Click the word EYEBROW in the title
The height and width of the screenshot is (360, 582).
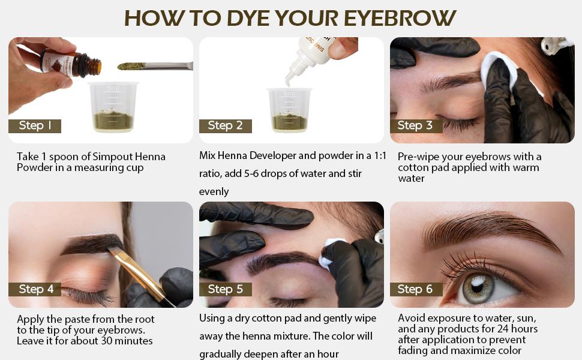point(400,18)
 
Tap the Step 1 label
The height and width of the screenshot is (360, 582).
point(35,126)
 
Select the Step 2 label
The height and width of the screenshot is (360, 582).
point(226,126)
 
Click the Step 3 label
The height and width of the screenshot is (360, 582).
point(416,126)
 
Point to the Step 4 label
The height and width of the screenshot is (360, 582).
point(35,289)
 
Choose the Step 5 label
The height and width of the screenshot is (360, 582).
point(226,289)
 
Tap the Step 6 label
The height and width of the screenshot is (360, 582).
point(416,289)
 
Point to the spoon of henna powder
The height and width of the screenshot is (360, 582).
point(155,66)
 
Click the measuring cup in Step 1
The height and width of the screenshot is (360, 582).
point(113,107)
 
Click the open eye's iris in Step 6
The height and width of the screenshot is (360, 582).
point(479,289)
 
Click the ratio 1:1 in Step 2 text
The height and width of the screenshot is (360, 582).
point(380,155)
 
